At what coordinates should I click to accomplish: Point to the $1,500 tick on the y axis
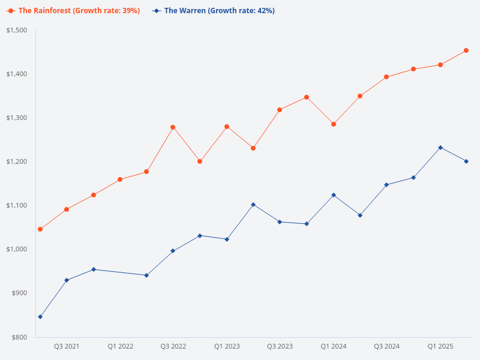click(19, 30)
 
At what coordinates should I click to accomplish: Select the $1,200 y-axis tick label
click(19, 161)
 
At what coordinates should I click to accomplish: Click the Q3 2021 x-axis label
click(67, 347)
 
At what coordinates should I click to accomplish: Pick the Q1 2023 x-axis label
click(227, 347)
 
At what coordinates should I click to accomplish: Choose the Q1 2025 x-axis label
click(440, 347)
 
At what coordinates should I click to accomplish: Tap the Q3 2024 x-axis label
click(387, 347)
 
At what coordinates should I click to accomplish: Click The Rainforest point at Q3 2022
click(173, 127)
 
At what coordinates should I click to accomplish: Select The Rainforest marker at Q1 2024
click(334, 124)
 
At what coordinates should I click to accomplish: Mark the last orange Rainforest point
click(466, 50)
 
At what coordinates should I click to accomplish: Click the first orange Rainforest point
click(40, 229)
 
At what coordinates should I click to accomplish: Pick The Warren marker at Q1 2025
click(440, 148)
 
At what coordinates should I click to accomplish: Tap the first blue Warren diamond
click(40, 317)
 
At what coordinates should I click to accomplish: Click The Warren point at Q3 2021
click(67, 280)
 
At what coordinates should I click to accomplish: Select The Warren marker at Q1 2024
click(334, 195)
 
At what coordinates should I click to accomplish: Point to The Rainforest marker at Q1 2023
click(227, 127)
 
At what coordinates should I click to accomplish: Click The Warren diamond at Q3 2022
click(173, 251)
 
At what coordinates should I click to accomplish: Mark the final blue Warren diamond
click(466, 161)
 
